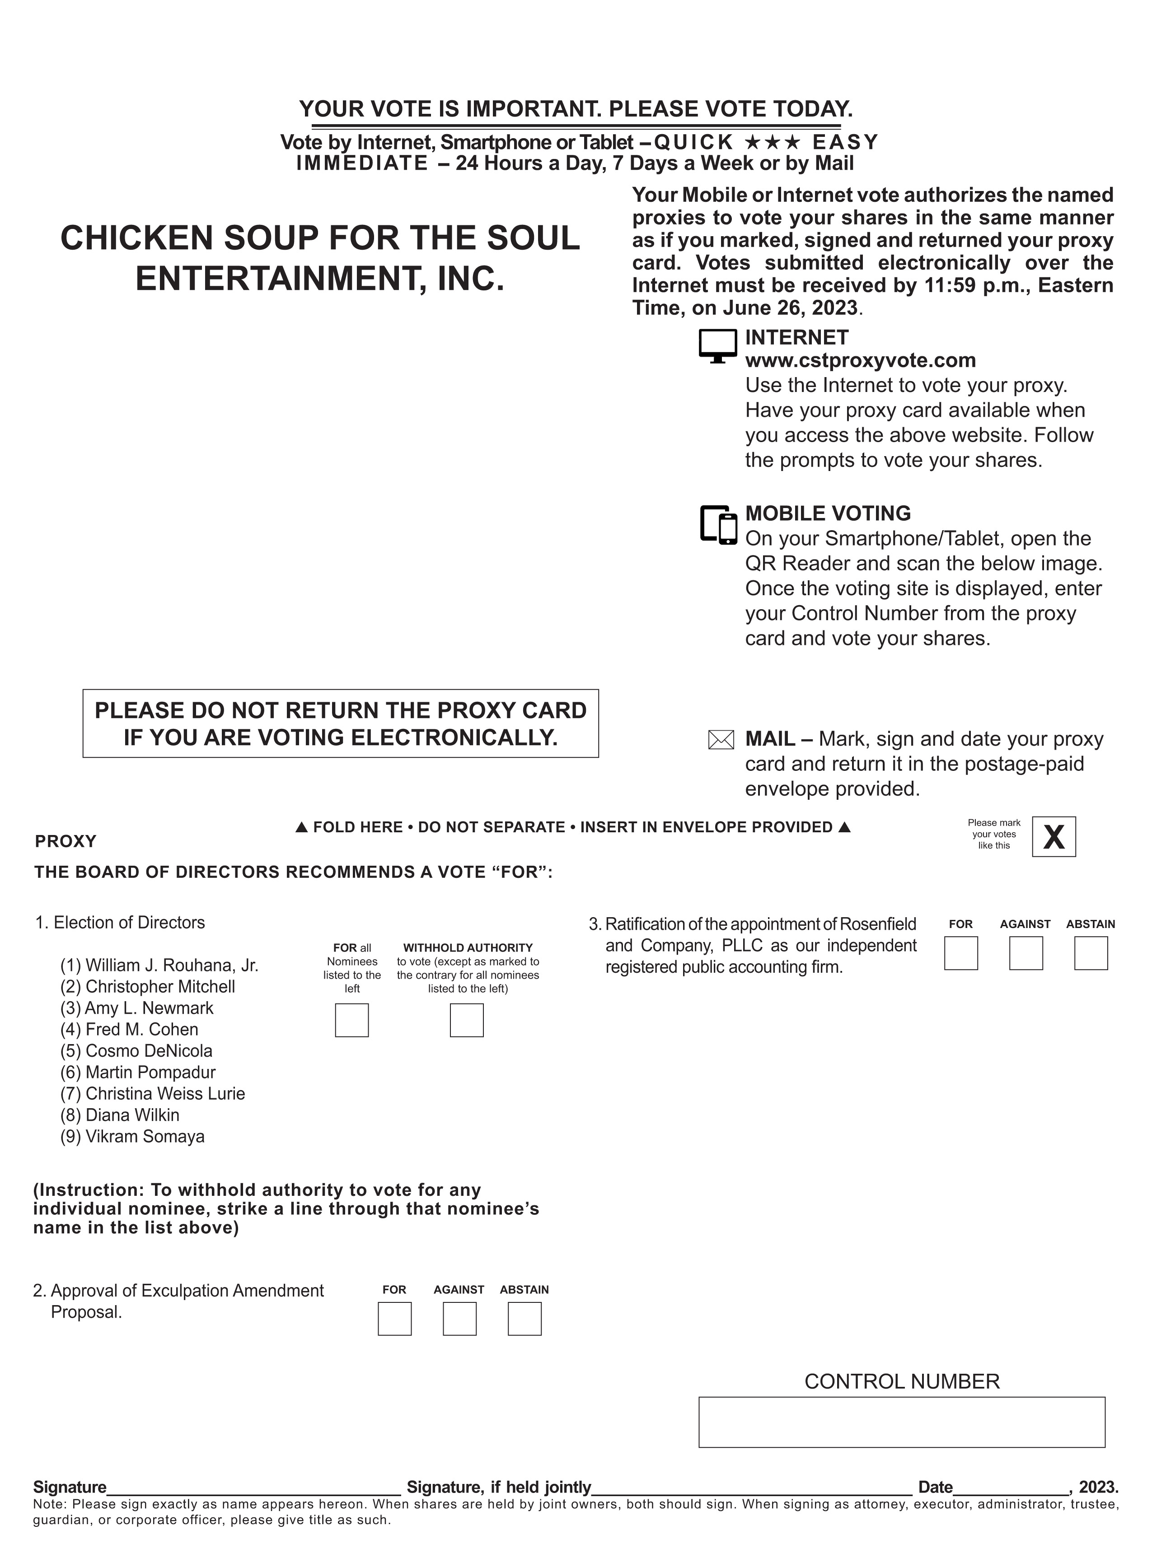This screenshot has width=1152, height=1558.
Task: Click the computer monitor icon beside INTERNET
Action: pos(717,346)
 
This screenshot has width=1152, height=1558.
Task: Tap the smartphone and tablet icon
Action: pos(718,524)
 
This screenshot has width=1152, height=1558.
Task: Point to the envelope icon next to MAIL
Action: pos(721,740)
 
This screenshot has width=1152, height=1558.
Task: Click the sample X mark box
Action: pos(1053,836)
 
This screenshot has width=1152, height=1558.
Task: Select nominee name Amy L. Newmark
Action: pos(149,1008)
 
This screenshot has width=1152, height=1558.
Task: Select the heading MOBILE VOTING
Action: pos(828,513)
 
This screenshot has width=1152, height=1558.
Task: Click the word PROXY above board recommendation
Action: pos(66,841)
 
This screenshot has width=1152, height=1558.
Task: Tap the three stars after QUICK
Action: pos(772,142)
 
